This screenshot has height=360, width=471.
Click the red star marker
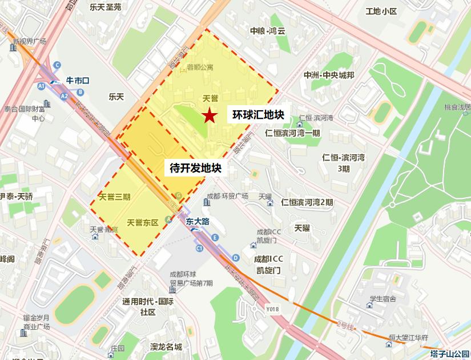pyautogui.click(x=210, y=116)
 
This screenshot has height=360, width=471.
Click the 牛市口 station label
pyautogui.click(x=78, y=81)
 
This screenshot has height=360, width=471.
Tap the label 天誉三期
pyautogui.click(x=115, y=197)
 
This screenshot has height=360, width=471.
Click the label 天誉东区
pyautogui.click(x=142, y=222)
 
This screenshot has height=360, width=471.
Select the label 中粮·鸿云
pyautogui.click(x=267, y=31)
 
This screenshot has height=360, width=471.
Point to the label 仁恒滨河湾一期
pyautogui.click(x=293, y=133)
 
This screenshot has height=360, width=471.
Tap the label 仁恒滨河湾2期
pyautogui.click(x=307, y=202)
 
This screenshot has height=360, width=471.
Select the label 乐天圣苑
pyautogui.click(x=106, y=7)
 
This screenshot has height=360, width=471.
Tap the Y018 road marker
pyautogui.click(x=273, y=310)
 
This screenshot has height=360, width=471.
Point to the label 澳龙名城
pyautogui.click(x=166, y=347)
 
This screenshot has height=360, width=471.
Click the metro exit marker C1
pyautogui.click(x=200, y=249)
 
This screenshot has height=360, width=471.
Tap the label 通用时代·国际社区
pyautogui.click(x=147, y=306)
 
